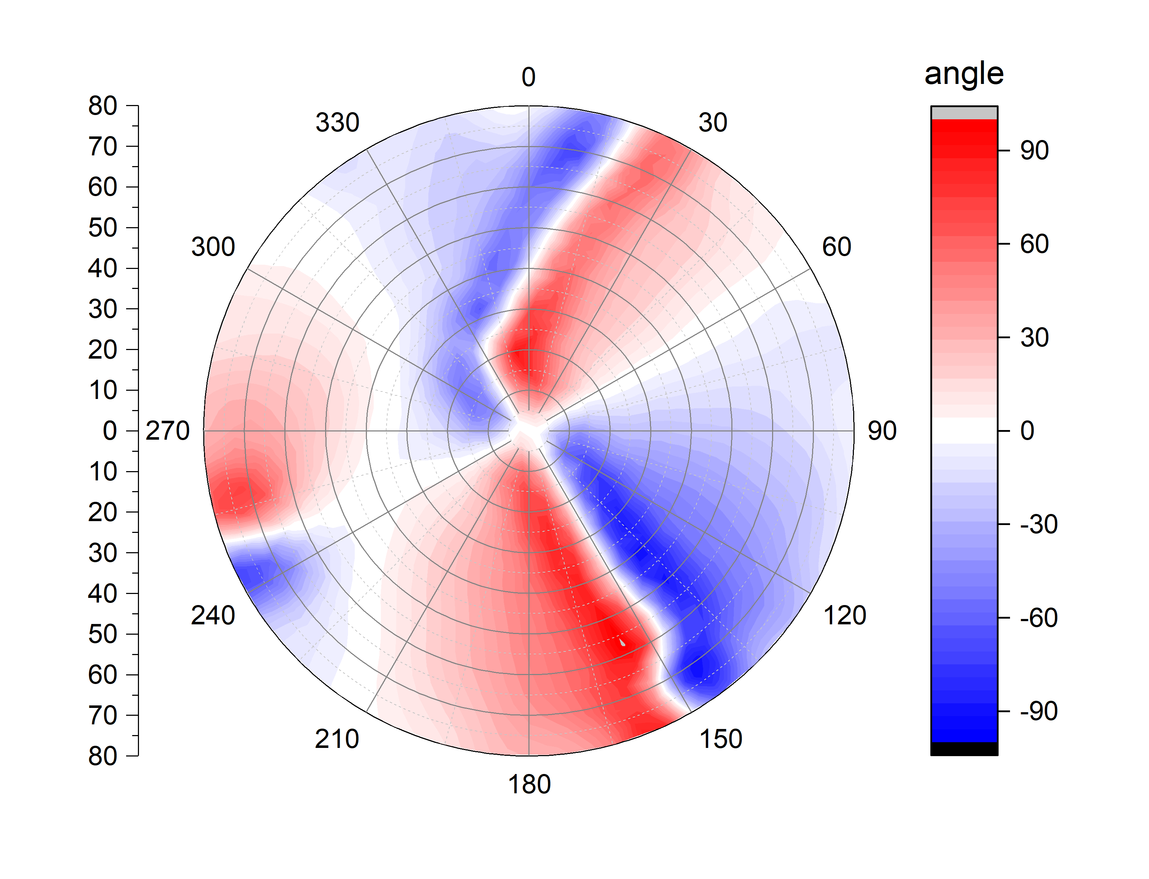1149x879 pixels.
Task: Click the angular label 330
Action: (337, 123)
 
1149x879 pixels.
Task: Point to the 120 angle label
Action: (845, 615)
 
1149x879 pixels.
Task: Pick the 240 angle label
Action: (213, 615)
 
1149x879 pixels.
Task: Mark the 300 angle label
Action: (213, 247)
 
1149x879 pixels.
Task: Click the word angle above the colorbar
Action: (964, 74)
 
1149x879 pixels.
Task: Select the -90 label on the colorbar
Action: (1039, 711)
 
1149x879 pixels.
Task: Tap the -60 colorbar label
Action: (1039, 618)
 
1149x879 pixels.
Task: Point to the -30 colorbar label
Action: (1039, 524)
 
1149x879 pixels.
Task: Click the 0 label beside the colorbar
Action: (1027, 431)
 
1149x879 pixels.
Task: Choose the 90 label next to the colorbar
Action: (1034, 151)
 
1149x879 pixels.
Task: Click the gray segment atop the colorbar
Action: (964, 113)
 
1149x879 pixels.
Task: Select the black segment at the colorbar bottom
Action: (964, 749)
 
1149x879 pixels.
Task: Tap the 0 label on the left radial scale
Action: (110, 431)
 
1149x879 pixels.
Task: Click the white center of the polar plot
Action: (528, 431)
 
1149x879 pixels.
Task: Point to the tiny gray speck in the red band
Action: (622, 642)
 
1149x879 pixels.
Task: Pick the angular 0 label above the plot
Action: (528, 78)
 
